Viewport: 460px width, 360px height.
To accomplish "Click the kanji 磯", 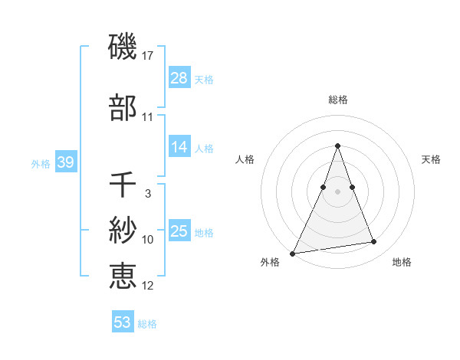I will [x=123, y=47].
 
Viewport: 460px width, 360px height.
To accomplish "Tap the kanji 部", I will [x=123, y=108].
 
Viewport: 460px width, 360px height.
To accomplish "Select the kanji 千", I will [x=123, y=185].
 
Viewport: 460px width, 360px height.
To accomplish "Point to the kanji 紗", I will [x=123, y=230].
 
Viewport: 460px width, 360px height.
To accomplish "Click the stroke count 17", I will [x=148, y=56].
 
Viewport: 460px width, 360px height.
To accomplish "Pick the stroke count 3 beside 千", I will [x=148, y=194].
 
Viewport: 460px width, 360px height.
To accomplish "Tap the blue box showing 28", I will [x=179, y=78].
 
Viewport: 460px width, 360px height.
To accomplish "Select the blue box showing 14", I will [x=179, y=148].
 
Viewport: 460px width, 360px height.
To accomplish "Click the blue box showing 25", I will [x=179, y=231].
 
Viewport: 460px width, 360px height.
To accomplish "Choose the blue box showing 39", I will [x=65, y=162].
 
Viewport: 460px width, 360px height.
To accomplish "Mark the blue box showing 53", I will [x=123, y=322].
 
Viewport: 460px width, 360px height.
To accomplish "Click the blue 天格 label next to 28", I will [x=204, y=79].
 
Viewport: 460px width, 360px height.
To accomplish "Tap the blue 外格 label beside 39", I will [x=41, y=163].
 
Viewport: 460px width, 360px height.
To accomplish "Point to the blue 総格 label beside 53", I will [x=147, y=323].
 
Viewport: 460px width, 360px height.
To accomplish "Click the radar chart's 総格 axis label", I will [x=338, y=100].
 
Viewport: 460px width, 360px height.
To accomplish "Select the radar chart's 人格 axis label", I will [x=245, y=159].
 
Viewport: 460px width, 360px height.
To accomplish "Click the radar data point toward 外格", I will [x=293, y=253].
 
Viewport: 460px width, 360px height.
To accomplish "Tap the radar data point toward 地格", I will [x=374, y=242].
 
